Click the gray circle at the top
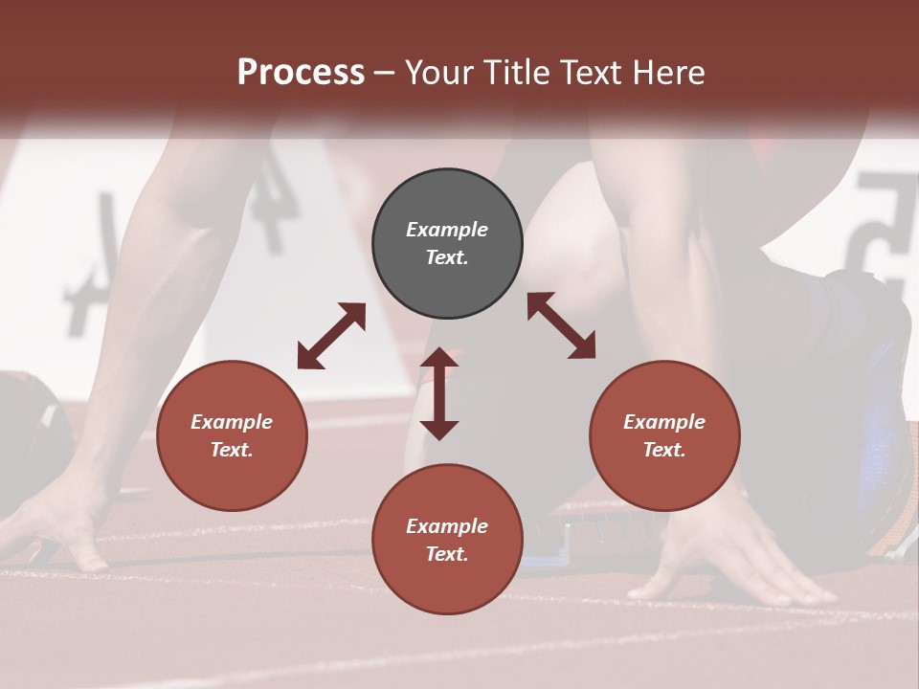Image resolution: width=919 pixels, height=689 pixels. pyautogui.click(x=447, y=244)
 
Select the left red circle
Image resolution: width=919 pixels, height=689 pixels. pyautogui.click(x=232, y=436)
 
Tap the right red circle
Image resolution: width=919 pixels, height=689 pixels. pyautogui.click(x=664, y=436)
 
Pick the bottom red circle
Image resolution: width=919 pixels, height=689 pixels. pyautogui.click(x=447, y=540)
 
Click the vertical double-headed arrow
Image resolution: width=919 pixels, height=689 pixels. pyautogui.click(x=439, y=393)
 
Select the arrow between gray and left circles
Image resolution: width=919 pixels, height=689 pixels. pyautogui.click(x=331, y=336)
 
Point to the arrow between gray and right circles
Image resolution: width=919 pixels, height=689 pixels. pyautogui.click(x=561, y=325)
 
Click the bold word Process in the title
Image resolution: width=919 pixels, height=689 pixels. pyautogui.click(x=301, y=73)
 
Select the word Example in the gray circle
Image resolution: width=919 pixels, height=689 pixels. pyautogui.click(x=447, y=230)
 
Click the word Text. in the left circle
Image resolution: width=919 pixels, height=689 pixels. pyautogui.click(x=232, y=450)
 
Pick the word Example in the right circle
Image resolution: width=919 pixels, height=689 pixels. pyautogui.click(x=664, y=422)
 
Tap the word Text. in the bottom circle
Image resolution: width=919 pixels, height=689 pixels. pyautogui.click(x=447, y=554)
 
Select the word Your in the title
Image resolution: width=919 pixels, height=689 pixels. pyautogui.click(x=437, y=73)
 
